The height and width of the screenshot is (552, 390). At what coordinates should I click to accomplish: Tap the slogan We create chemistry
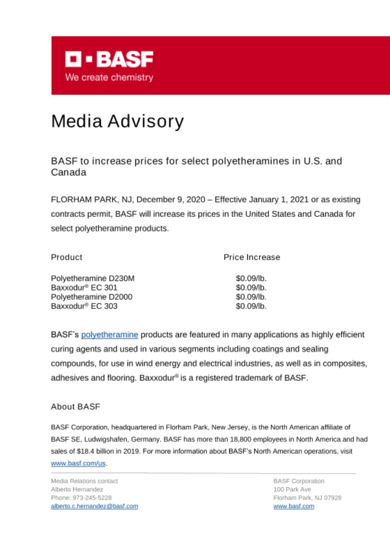pos(109,78)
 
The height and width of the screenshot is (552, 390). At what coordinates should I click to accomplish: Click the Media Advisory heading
pos(117,122)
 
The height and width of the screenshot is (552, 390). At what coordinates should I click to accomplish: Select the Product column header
pos(66,257)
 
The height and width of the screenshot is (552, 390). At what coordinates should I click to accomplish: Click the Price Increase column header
pos(252,257)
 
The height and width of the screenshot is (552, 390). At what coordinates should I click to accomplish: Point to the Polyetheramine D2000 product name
pos(91,297)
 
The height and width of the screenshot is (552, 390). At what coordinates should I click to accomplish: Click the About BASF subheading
pos(75,407)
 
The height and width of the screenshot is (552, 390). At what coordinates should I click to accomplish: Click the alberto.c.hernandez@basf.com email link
pos(95,506)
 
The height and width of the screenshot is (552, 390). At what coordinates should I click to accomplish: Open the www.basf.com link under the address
pos(294,506)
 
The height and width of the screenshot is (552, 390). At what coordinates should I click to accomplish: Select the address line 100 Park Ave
pos(292,489)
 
